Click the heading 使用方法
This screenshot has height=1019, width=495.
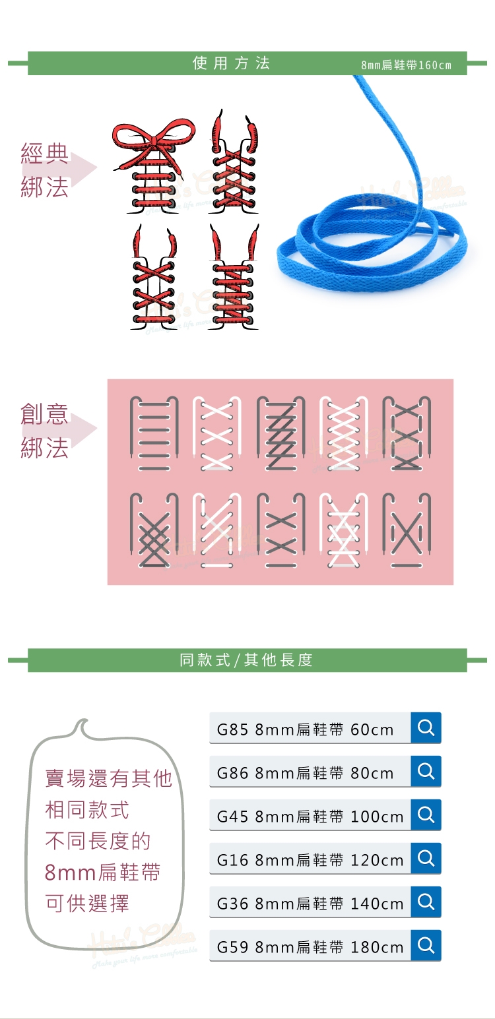231,63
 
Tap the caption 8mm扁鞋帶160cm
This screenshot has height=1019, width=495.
406,65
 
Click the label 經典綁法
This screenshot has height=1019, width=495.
44,171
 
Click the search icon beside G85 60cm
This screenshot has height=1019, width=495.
426,728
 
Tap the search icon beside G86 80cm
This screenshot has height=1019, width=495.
426,772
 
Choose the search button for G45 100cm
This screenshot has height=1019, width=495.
426,815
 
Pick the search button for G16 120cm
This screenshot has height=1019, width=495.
426,859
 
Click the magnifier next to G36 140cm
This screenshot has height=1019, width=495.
426,902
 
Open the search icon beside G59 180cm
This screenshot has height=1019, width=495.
426,946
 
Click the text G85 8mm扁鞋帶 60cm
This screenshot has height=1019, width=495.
305,730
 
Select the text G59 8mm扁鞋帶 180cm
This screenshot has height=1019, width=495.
310,948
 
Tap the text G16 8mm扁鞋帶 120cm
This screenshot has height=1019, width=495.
310,861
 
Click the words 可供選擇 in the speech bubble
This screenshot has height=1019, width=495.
87,904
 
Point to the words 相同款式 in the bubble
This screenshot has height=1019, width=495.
87,810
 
